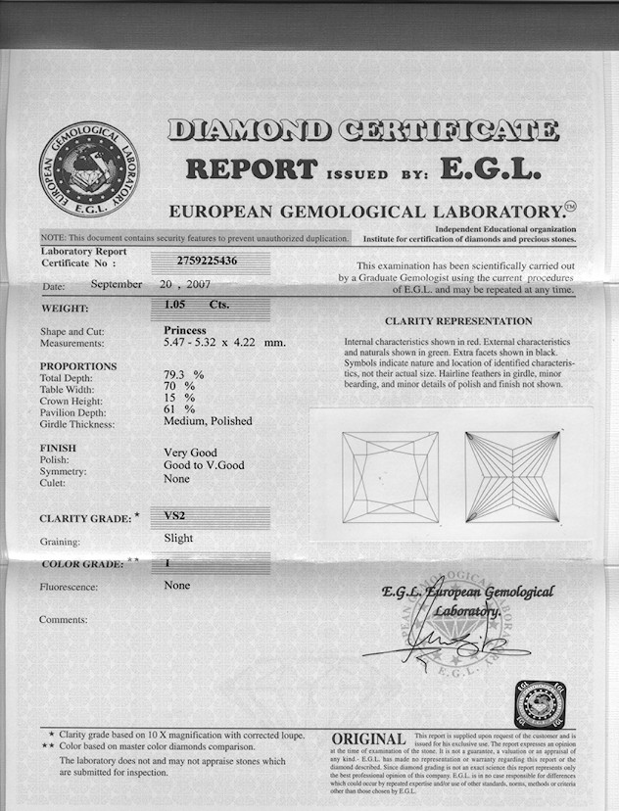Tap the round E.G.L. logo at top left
(x=90, y=169)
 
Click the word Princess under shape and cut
(x=185, y=331)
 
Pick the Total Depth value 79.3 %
(x=183, y=374)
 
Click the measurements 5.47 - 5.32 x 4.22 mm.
(x=224, y=343)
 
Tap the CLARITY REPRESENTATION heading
(x=458, y=320)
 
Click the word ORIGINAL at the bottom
(x=368, y=739)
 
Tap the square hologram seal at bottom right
(x=540, y=703)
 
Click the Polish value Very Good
(x=190, y=453)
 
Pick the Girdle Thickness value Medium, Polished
(x=208, y=421)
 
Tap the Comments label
(x=63, y=619)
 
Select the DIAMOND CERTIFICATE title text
(x=362, y=129)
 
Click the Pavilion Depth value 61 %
(x=179, y=409)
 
